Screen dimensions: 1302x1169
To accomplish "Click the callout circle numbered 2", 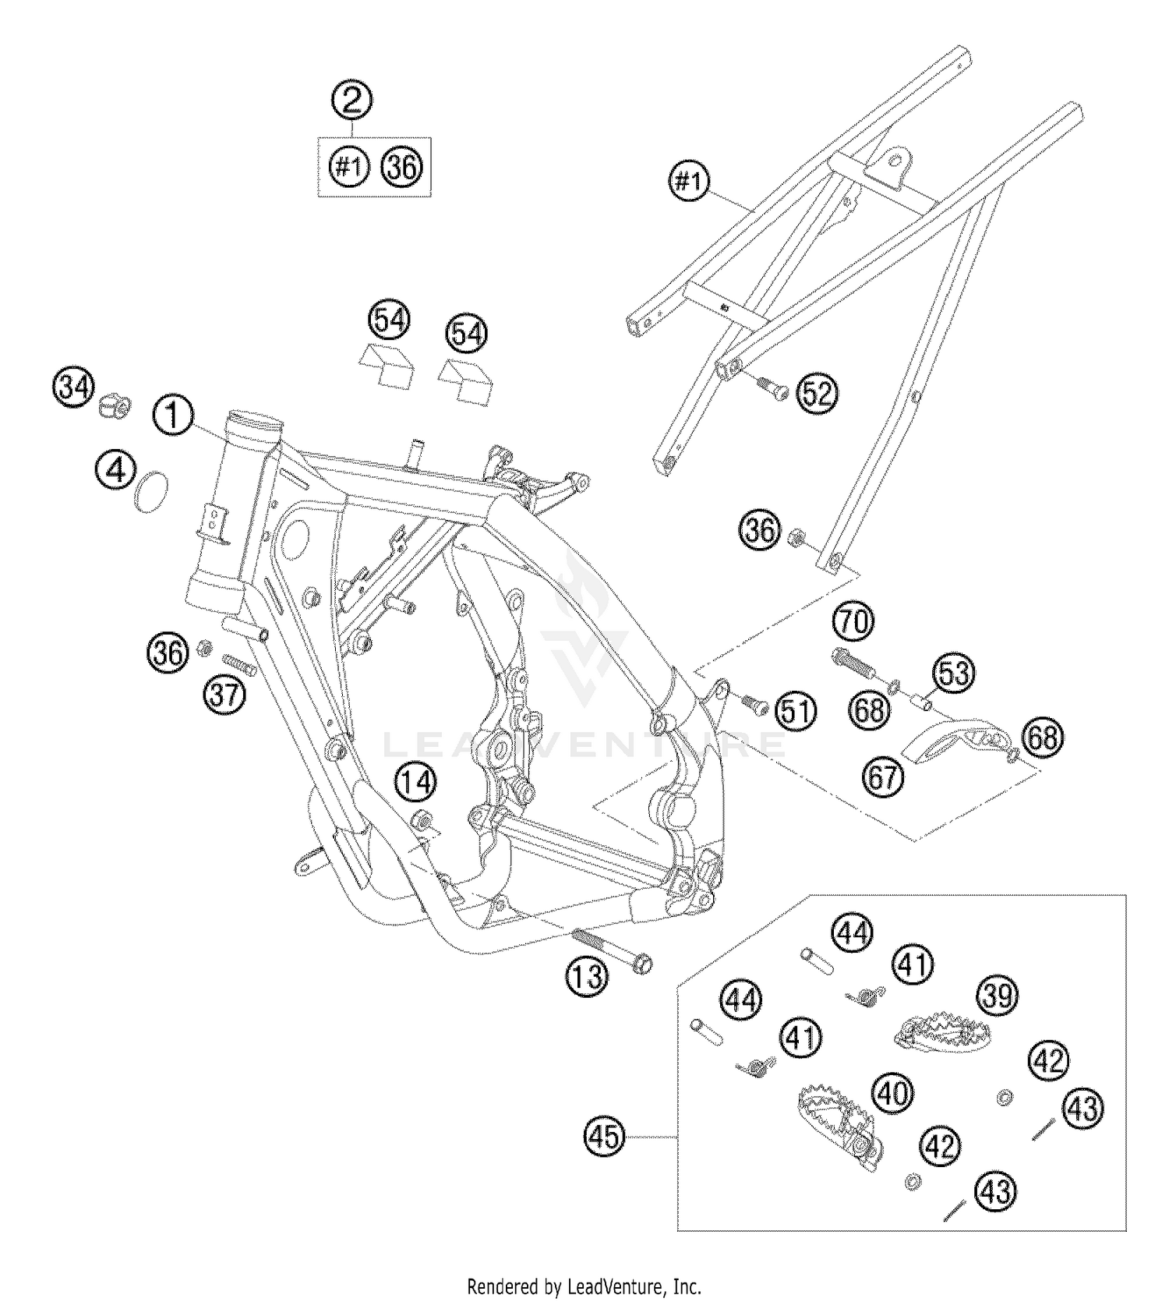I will [351, 100].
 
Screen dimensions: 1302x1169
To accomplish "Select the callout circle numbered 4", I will [116, 472].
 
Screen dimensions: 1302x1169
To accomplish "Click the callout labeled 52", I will [818, 394].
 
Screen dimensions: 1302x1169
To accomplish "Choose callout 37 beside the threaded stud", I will [224, 693].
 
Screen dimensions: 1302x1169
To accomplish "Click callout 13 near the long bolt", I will [586, 975].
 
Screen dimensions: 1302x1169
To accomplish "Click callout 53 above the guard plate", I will [954, 673].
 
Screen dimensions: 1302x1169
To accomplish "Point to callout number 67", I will [883, 777].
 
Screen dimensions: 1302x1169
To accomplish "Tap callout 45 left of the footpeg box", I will [605, 1137].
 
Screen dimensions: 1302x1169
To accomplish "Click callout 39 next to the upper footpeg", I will [998, 996].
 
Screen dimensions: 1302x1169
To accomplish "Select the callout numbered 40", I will [893, 1093].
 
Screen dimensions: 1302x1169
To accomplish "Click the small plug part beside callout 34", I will [114, 405].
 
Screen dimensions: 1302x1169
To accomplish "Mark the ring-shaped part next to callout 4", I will [151, 493].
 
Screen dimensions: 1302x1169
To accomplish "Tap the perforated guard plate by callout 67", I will [957, 740].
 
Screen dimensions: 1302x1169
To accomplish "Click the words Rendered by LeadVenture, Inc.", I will [584, 1286].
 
